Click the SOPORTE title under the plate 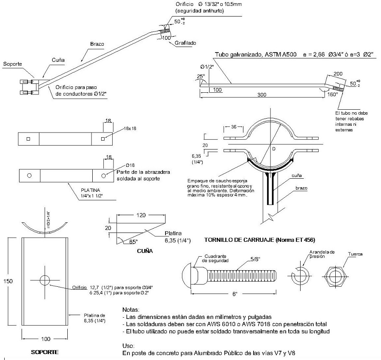(x=45, y=352)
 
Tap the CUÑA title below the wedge (x=145, y=251)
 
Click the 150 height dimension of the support (x=8, y=281)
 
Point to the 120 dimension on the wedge (x=141, y=215)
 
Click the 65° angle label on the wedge (x=133, y=241)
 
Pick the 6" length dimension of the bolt (x=235, y=294)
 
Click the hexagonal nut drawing (x=336, y=276)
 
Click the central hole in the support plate (x=45, y=280)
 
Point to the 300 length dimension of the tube (x=262, y=95)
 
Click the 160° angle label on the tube (x=333, y=94)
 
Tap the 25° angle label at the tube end (x=201, y=76)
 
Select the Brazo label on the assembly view (x=97, y=44)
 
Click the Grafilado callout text (x=185, y=43)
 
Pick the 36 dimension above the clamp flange (x=234, y=127)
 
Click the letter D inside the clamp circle (x=274, y=149)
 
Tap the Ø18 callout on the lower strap (x=130, y=165)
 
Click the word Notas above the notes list (x=131, y=310)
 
